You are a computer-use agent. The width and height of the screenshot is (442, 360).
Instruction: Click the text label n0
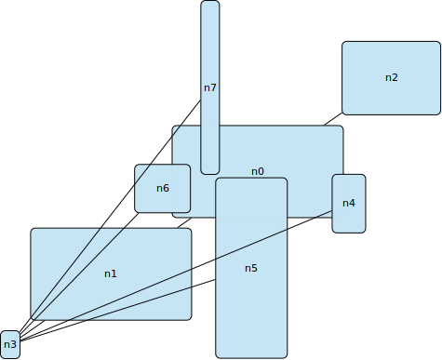[258, 171]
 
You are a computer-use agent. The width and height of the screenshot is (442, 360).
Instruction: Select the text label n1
[111, 273]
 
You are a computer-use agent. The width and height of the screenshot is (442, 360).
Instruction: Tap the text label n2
[391, 77]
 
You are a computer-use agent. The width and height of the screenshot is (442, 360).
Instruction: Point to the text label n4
[348, 203]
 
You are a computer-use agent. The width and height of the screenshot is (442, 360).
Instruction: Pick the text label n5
[251, 268]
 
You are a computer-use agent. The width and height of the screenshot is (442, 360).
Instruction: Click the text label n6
[162, 188]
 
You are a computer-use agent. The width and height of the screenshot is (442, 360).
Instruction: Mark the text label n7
[209, 87]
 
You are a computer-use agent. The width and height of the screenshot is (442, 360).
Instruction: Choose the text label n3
[10, 345]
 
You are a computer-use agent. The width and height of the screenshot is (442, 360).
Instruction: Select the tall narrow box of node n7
[210, 47]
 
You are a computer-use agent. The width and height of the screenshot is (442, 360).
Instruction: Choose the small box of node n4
[349, 220]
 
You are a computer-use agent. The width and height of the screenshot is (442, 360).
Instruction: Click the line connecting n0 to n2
[332, 119]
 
